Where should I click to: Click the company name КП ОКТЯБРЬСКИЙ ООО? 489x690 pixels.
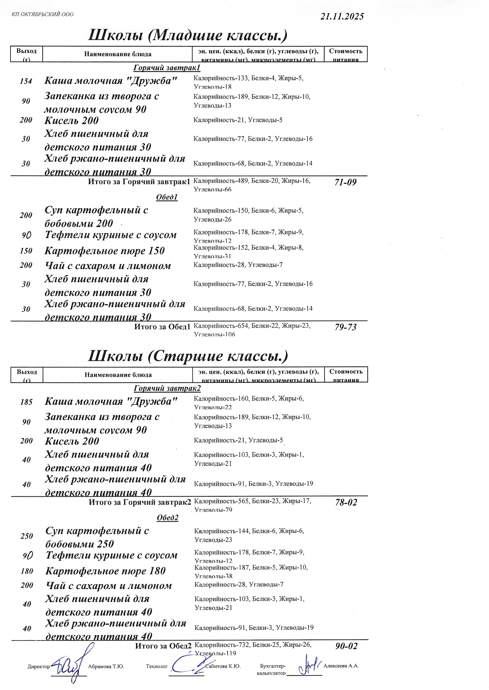[x=42, y=14]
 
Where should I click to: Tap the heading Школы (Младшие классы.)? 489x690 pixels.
[x=188, y=35]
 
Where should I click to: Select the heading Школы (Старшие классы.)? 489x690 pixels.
[x=188, y=356]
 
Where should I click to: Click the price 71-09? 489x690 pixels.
[x=345, y=182]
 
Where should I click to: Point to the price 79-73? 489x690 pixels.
[x=345, y=327]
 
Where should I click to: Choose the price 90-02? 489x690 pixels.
[x=346, y=646]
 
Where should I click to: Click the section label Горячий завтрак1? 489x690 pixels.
[x=167, y=68]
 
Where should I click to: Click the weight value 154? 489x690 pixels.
[x=26, y=81]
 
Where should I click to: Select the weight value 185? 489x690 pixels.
[x=26, y=402]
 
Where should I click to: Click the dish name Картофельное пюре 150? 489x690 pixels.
[x=105, y=251]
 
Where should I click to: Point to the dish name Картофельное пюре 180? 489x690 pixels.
[x=105, y=571]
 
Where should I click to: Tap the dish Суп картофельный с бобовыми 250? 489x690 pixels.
[x=97, y=537]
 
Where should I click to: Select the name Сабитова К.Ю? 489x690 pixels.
[x=223, y=666]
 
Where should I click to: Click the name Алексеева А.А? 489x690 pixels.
[x=341, y=666]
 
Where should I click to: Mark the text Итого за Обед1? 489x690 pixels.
[x=162, y=327]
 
